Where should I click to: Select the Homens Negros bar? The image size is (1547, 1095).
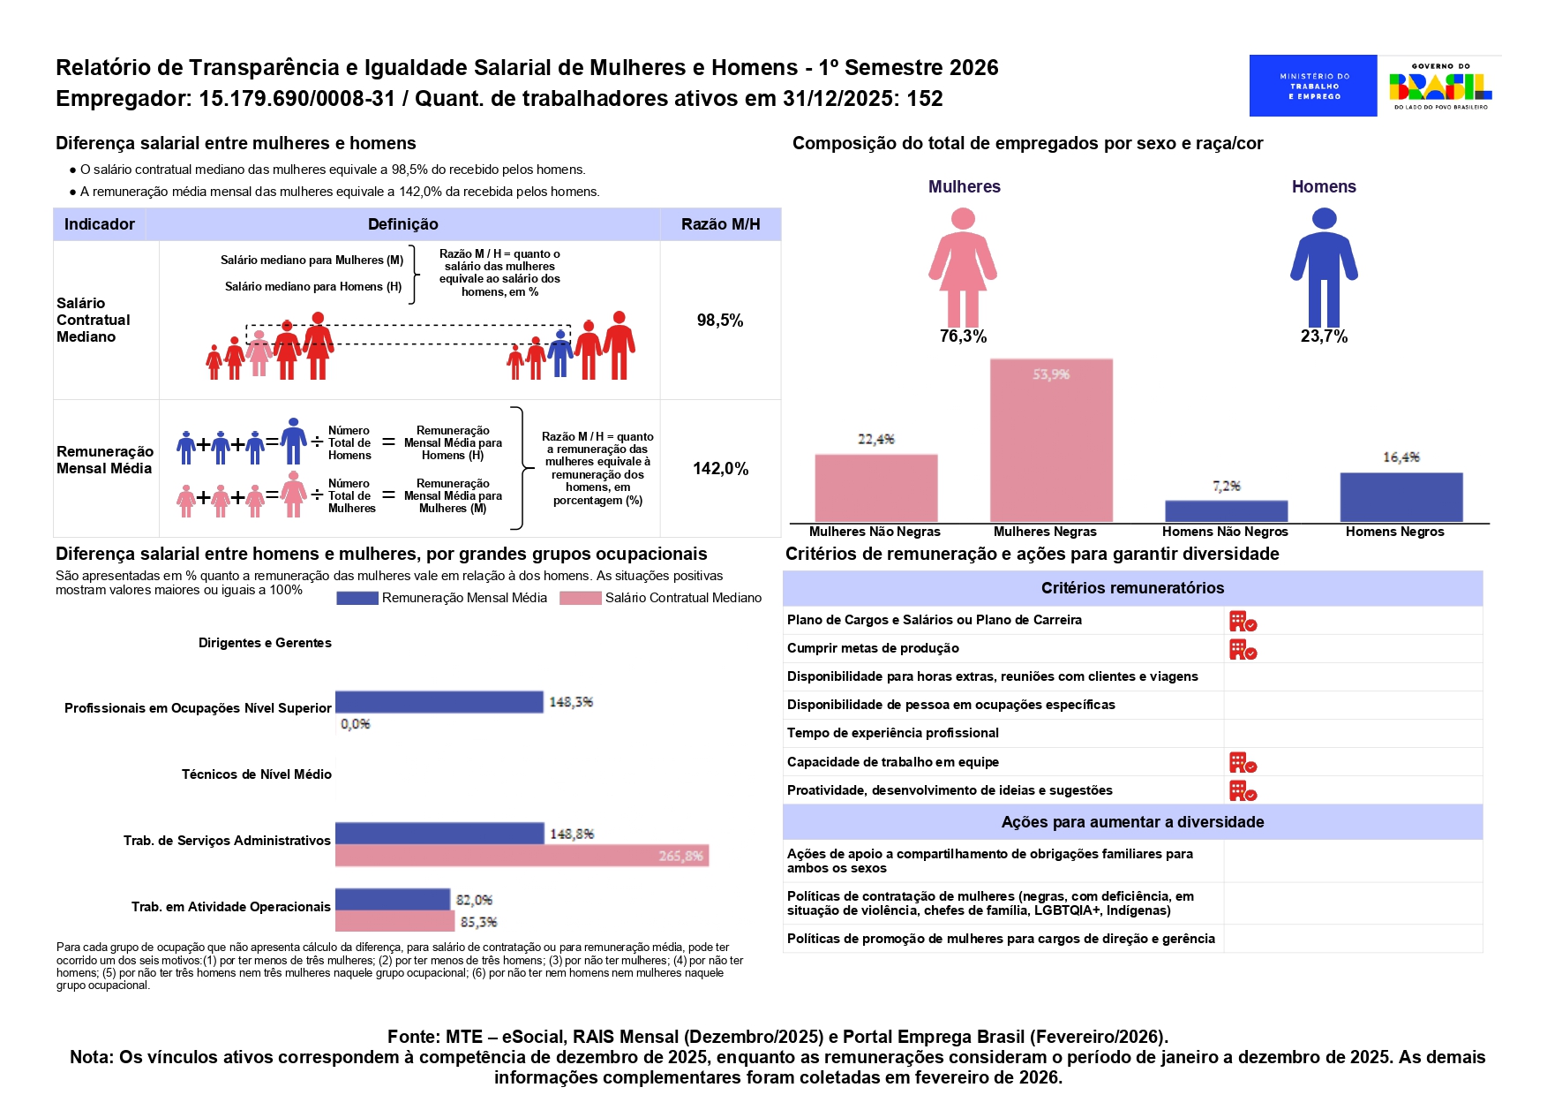click(x=1401, y=497)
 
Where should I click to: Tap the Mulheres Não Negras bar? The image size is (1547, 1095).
click(x=875, y=487)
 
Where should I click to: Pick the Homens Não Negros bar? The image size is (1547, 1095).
click(x=1226, y=511)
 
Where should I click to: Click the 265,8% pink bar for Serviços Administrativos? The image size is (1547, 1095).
click(x=522, y=856)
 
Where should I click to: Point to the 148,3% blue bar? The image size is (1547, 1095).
click(x=439, y=702)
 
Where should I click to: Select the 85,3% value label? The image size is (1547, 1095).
click(x=479, y=922)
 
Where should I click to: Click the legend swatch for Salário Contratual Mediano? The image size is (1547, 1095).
click(x=580, y=598)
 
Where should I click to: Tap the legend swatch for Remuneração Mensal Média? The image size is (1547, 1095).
click(x=357, y=598)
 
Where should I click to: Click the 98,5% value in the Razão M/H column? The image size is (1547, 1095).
click(x=720, y=321)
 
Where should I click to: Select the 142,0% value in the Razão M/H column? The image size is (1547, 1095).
click(x=720, y=469)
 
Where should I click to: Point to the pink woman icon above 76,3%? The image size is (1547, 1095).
click(x=963, y=267)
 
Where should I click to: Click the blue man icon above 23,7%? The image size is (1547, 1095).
click(x=1324, y=267)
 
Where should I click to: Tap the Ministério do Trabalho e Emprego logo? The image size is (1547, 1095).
click(x=1313, y=86)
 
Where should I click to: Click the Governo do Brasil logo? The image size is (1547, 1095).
click(x=1440, y=86)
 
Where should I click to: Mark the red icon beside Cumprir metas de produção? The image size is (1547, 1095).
click(x=1243, y=650)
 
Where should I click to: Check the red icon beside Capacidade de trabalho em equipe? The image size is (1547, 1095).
click(x=1243, y=763)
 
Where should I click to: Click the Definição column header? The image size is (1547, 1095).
click(x=402, y=224)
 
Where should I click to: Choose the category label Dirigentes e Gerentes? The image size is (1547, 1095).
click(x=265, y=643)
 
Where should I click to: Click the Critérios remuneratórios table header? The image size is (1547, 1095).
click(x=1132, y=588)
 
